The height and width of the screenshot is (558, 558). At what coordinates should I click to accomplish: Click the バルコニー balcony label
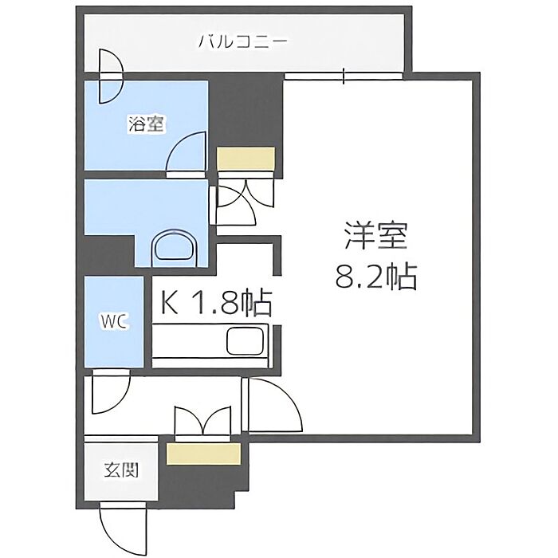click(242, 42)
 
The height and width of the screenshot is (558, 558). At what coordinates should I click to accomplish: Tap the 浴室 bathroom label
click(146, 124)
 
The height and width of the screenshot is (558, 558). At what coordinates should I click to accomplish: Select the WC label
click(114, 322)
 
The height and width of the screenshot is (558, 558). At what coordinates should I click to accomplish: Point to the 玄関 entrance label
click(121, 470)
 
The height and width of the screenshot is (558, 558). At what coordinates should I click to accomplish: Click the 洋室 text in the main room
click(375, 236)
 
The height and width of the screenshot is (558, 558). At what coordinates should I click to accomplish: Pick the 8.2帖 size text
click(375, 277)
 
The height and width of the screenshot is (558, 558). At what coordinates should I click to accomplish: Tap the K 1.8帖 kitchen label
click(216, 303)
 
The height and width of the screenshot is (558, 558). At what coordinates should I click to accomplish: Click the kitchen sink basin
click(246, 341)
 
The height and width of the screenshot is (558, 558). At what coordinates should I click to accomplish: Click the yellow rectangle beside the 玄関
click(203, 454)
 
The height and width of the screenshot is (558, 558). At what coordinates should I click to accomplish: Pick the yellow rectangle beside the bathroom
click(246, 159)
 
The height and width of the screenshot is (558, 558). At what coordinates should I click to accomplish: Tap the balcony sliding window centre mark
click(344, 76)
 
